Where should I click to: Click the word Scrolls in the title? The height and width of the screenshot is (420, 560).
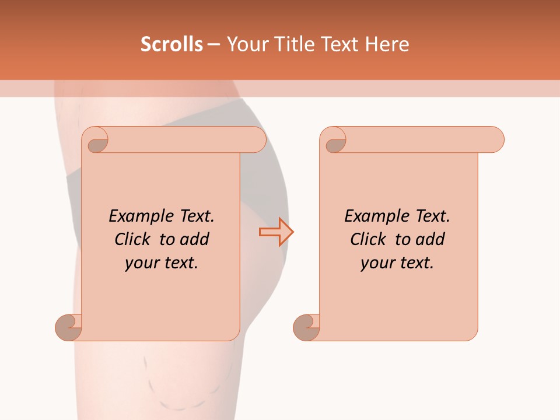171,44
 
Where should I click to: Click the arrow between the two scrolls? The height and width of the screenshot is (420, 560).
276,232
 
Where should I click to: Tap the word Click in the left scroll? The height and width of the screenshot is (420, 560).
134,239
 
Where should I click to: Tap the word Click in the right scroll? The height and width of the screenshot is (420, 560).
369,239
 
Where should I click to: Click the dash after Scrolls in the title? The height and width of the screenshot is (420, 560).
214,44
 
